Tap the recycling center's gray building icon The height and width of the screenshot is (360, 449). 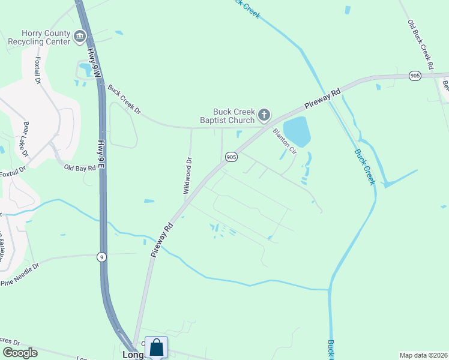79,38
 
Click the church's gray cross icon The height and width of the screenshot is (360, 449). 264,115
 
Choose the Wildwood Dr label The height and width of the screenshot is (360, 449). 188,176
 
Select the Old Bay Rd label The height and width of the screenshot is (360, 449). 80,169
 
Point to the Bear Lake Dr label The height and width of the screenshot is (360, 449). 26,139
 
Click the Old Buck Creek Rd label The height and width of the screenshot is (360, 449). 420,43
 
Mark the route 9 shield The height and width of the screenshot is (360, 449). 102,257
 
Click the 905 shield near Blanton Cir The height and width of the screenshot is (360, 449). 231,157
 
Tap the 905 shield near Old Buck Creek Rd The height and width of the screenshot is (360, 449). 415,76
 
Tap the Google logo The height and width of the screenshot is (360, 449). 19,353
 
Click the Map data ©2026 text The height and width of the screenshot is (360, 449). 423,355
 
